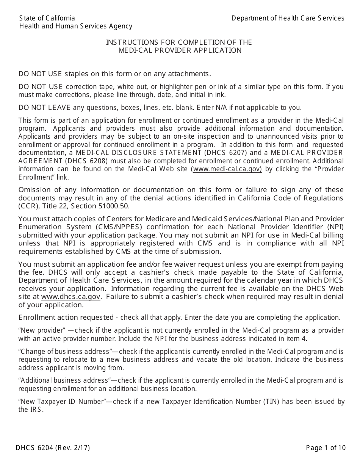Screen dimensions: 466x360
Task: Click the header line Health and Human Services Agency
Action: [76, 26]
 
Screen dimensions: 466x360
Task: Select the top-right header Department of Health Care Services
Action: [288, 18]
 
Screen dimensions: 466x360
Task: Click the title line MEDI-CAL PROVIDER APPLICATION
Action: [180, 50]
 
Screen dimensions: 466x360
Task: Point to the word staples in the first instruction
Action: [78, 73]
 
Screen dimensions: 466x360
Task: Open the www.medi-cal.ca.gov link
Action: [227, 169]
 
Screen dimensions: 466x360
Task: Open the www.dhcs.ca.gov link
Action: [71, 297]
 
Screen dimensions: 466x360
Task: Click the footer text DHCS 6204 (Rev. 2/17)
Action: [53, 448]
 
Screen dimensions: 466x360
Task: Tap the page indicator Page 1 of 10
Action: [326, 448]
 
